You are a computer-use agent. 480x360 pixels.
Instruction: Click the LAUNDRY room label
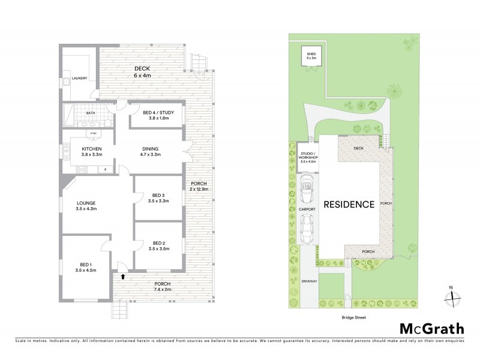click(x=79, y=79)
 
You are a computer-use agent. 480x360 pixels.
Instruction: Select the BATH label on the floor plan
click(x=90, y=112)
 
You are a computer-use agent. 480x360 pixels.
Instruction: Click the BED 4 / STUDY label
click(x=155, y=115)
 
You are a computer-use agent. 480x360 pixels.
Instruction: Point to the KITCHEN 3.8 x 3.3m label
click(x=92, y=151)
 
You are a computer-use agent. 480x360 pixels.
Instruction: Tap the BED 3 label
click(x=158, y=198)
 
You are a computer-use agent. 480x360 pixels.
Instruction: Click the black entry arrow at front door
click(x=123, y=277)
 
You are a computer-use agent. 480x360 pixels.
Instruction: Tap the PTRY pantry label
click(x=93, y=133)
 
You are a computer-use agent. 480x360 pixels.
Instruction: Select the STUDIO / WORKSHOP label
click(x=308, y=157)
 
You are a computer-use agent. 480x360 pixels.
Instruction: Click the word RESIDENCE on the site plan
click(x=349, y=204)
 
